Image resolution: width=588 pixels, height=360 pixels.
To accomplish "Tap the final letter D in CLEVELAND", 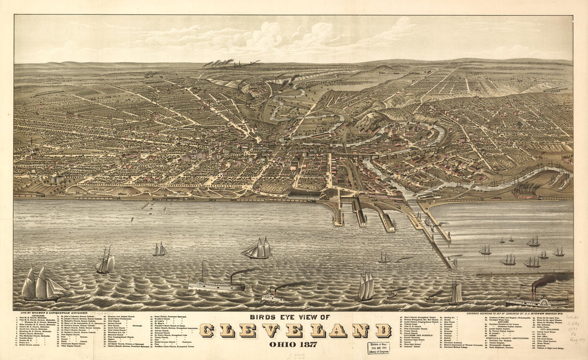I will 382,331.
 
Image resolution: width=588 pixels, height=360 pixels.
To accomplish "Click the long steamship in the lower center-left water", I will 216,285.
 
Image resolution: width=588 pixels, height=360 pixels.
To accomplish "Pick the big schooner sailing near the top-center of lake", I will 258,249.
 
